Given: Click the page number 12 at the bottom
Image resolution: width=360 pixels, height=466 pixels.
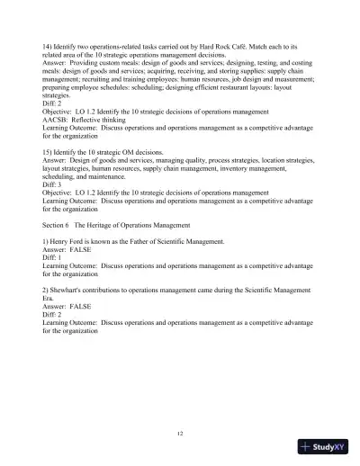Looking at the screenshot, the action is [180, 435].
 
